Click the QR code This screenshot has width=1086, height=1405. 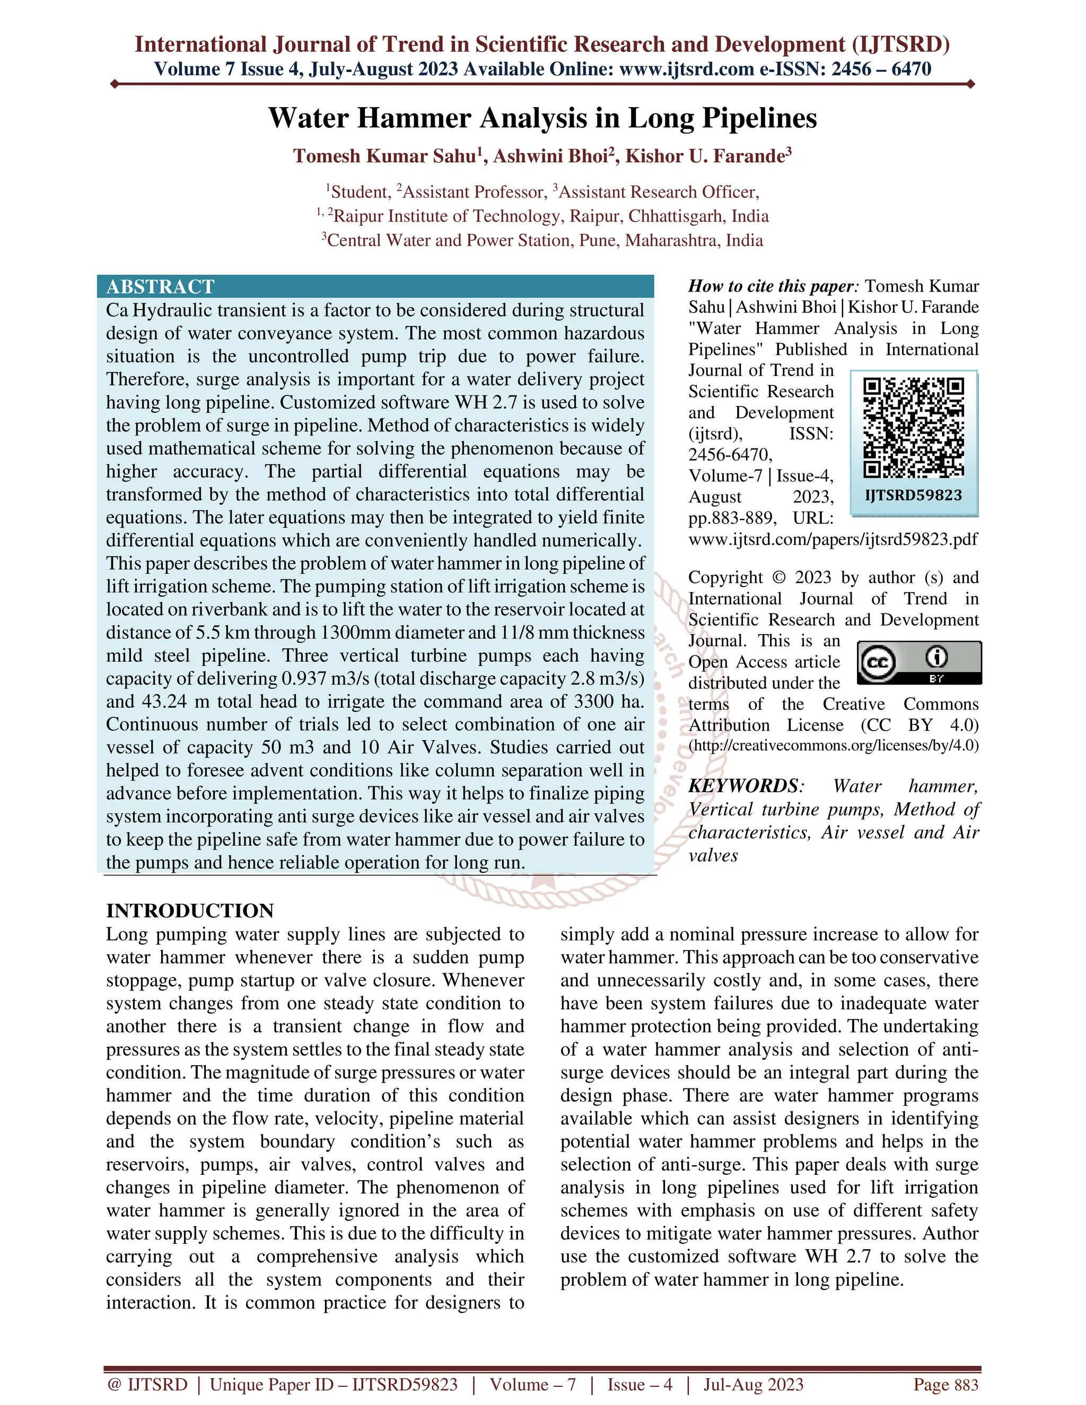coord(913,427)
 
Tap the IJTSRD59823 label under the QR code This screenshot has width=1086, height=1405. coord(913,495)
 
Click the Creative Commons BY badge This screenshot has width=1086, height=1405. coord(919,662)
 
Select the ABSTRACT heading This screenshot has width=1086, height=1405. coord(160,286)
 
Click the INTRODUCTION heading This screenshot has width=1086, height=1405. coord(190,910)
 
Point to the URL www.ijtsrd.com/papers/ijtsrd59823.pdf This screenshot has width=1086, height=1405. coord(833,539)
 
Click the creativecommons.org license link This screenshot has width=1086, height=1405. coord(833,745)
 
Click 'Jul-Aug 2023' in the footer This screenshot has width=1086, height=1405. coord(754,1384)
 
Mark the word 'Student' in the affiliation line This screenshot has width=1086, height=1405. coord(360,192)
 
